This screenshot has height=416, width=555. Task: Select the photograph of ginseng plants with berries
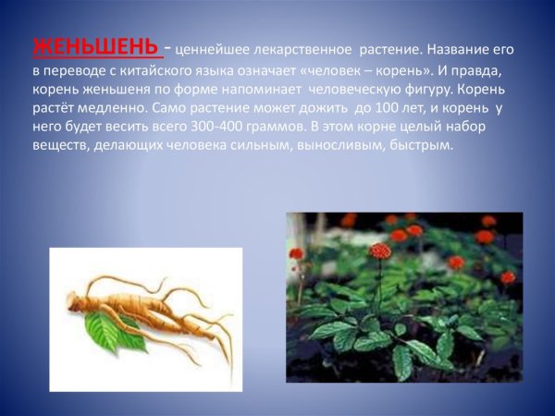coord(403,297)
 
